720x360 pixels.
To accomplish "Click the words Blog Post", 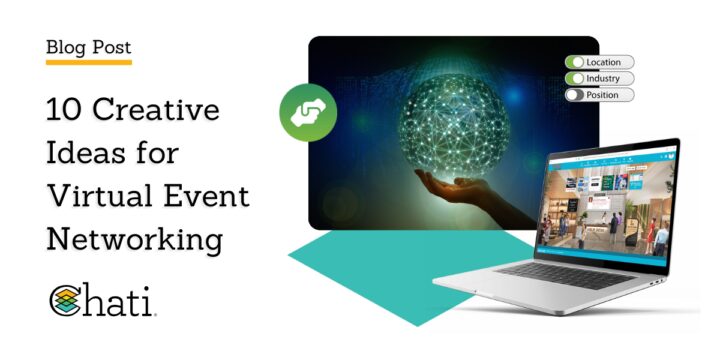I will coord(89,46).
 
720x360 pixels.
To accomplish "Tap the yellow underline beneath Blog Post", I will coord(89,62).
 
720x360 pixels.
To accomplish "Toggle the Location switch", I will coord(577,62).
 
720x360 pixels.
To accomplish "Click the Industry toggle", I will coord(577,78).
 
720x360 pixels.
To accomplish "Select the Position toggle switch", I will coord(577,95).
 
